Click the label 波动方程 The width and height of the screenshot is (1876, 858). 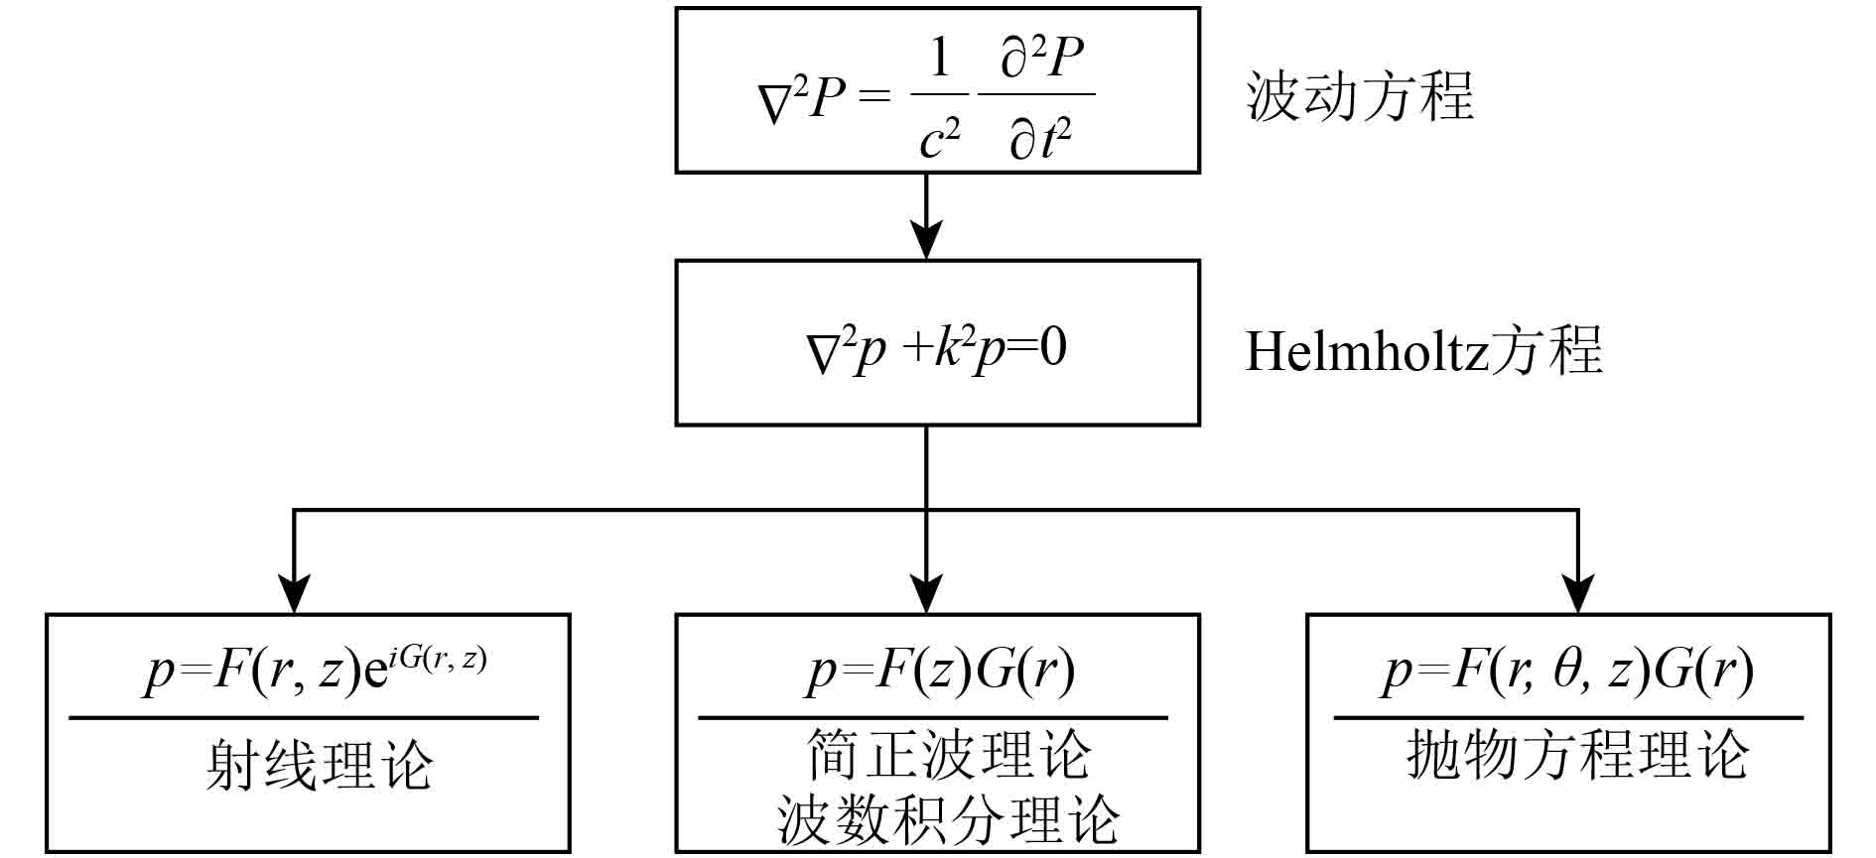tap(1360, 96)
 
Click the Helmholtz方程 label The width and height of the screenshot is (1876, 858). tap(1423, 350)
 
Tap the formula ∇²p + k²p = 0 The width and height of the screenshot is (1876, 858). tap(937, 350)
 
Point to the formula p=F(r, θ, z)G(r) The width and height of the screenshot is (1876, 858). tap(1567, 671)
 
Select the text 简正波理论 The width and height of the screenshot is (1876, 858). tap(949, 755)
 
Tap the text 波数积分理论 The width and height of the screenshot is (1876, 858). tap(949, 818)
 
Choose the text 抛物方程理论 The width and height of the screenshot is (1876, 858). tap(1577, 755)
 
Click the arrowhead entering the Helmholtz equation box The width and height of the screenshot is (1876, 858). tap(926, 240)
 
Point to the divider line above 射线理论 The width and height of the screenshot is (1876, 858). tap(304, 717)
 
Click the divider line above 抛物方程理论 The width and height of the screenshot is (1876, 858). tap(1568, 717)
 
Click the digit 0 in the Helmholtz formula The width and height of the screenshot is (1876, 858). tap(1053, 347)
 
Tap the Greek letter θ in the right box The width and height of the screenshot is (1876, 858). tap(1567, 671)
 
